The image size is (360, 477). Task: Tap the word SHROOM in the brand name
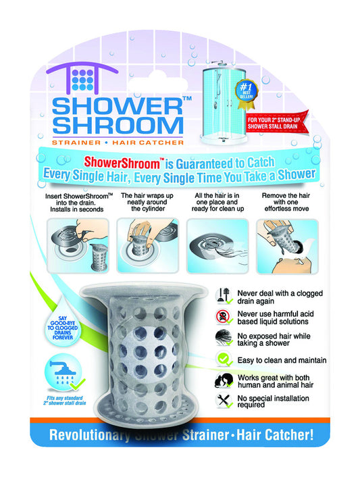click(116, 126)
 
